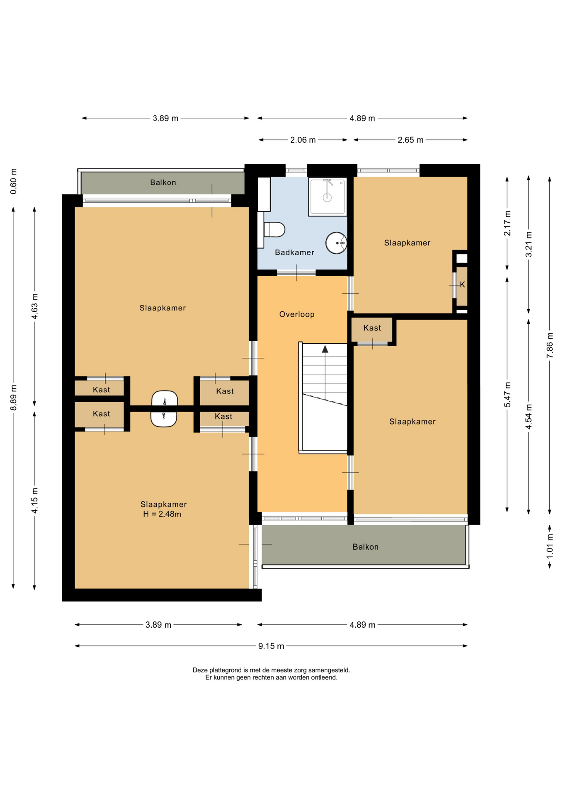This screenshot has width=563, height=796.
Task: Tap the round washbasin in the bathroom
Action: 336,243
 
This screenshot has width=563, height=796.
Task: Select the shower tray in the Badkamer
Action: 328,197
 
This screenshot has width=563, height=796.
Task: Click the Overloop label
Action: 297,314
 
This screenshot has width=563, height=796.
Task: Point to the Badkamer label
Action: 294,252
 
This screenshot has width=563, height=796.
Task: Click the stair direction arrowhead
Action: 325,349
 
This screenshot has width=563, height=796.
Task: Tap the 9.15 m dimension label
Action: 271,646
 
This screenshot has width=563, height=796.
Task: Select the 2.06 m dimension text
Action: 303,140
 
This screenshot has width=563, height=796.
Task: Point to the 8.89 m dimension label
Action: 13,398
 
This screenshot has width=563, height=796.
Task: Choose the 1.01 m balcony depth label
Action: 550,546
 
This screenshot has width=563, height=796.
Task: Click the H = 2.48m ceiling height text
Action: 162,514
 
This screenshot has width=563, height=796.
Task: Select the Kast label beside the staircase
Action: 372,328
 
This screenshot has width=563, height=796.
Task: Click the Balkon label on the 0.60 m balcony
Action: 163,182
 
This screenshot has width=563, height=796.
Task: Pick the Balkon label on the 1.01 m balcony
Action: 365,547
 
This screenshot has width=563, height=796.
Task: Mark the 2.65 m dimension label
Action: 410,140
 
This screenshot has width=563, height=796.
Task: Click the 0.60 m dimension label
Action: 13,181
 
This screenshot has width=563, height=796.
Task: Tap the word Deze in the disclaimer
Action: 200,670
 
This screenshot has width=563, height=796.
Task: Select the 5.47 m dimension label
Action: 507,394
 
